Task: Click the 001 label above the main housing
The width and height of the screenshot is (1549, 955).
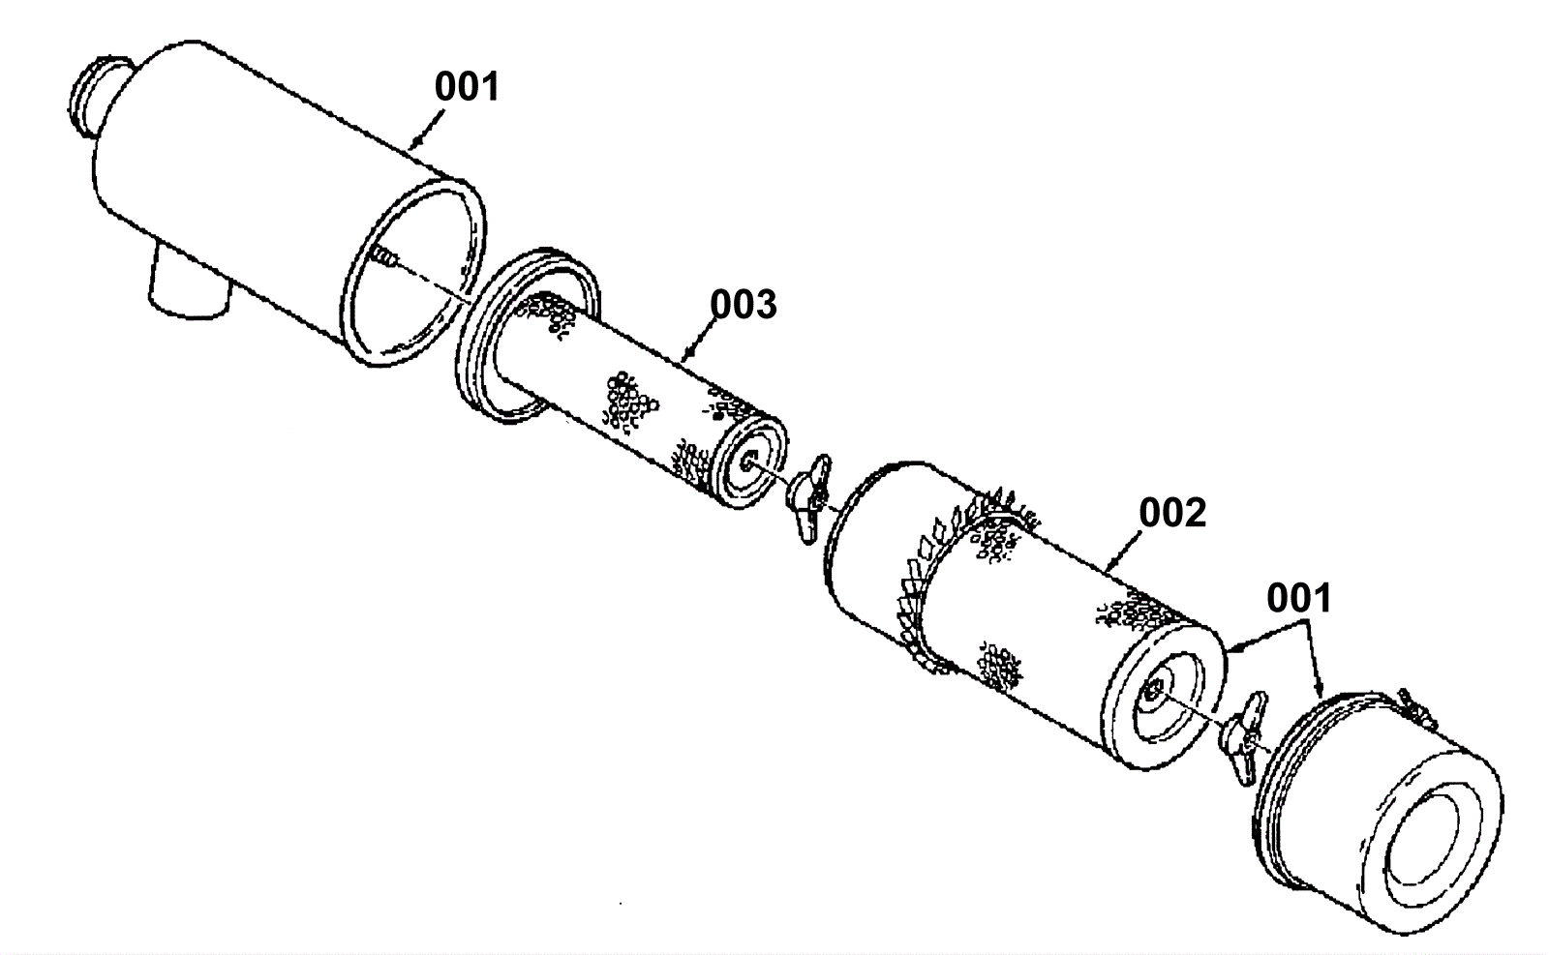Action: [467, 87]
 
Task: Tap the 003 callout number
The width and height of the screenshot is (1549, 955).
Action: [743, 305]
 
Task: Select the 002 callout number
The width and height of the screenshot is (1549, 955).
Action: [1172, 514]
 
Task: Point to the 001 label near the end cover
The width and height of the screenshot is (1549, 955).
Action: [1299, 599]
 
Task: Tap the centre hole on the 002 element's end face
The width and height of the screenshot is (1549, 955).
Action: [1153, 690]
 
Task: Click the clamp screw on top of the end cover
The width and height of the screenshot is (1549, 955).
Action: [1414, 712]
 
